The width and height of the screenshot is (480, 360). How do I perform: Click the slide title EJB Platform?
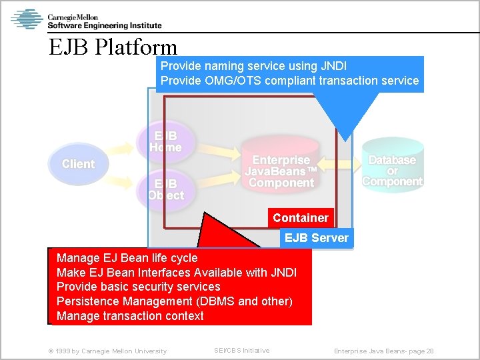pyautogui.click(x=113, y=47)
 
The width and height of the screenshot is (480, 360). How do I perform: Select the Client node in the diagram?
pyautogui.click(x=78, y=164)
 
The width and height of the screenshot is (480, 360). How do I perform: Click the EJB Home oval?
pyautogui.click(x=165, y=141)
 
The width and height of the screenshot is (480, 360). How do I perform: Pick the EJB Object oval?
pyautogui.click(x=165, y=189)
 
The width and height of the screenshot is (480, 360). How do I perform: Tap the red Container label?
pyautogui.click(x=300, y=218)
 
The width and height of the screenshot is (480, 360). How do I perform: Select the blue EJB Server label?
pyautogui.click(x=316, y=238)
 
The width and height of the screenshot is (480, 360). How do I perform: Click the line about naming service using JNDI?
pyautogui.click(x=253, y=66)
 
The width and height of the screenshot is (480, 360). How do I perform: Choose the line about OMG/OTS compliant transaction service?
pyautogui.click(x=289, y=81)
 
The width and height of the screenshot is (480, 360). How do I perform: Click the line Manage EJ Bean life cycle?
pyautogui.click(x=127, y=258)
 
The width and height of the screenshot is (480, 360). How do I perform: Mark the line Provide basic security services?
pyautogui.click(x=138, y=287)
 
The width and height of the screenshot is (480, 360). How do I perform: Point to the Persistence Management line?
pyautogui.click(x=174, y=301)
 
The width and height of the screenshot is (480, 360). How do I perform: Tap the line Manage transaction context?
pyautogui.click(x=130, y=316)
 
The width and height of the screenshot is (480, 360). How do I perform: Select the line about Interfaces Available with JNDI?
pyautogui.click(x=176, y=272)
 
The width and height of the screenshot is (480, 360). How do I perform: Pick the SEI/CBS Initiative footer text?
pyautogui.click(x=241, y=351)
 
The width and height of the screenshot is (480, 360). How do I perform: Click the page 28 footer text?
pyautogui.click(x=383, y=351)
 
